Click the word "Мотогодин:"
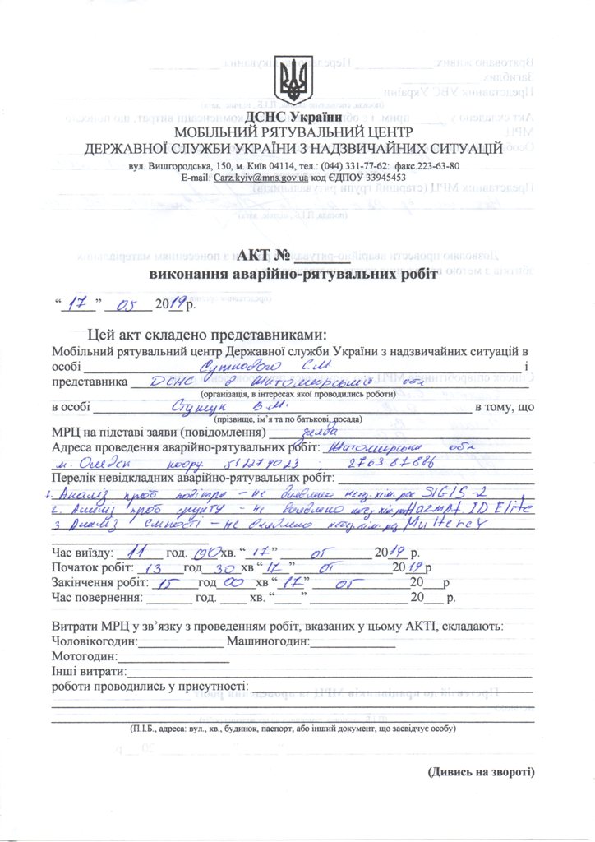85,657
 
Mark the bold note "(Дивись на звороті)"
481,772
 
